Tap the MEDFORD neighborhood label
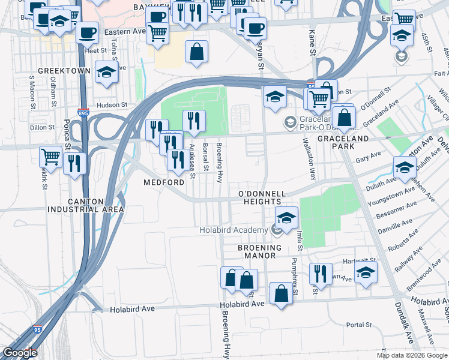(x=163, y=182)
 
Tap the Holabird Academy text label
(x=234, y=230)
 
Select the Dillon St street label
(x=42, y=127)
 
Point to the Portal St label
(x=360, y=325)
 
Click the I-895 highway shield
(x=83, y=112)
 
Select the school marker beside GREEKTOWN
(x=106, y=72)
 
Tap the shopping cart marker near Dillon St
(x=50, y=157)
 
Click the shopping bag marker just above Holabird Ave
(x=280, y=293)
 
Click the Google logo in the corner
(x=20, y=353)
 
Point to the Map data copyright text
(x=411, y=355)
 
